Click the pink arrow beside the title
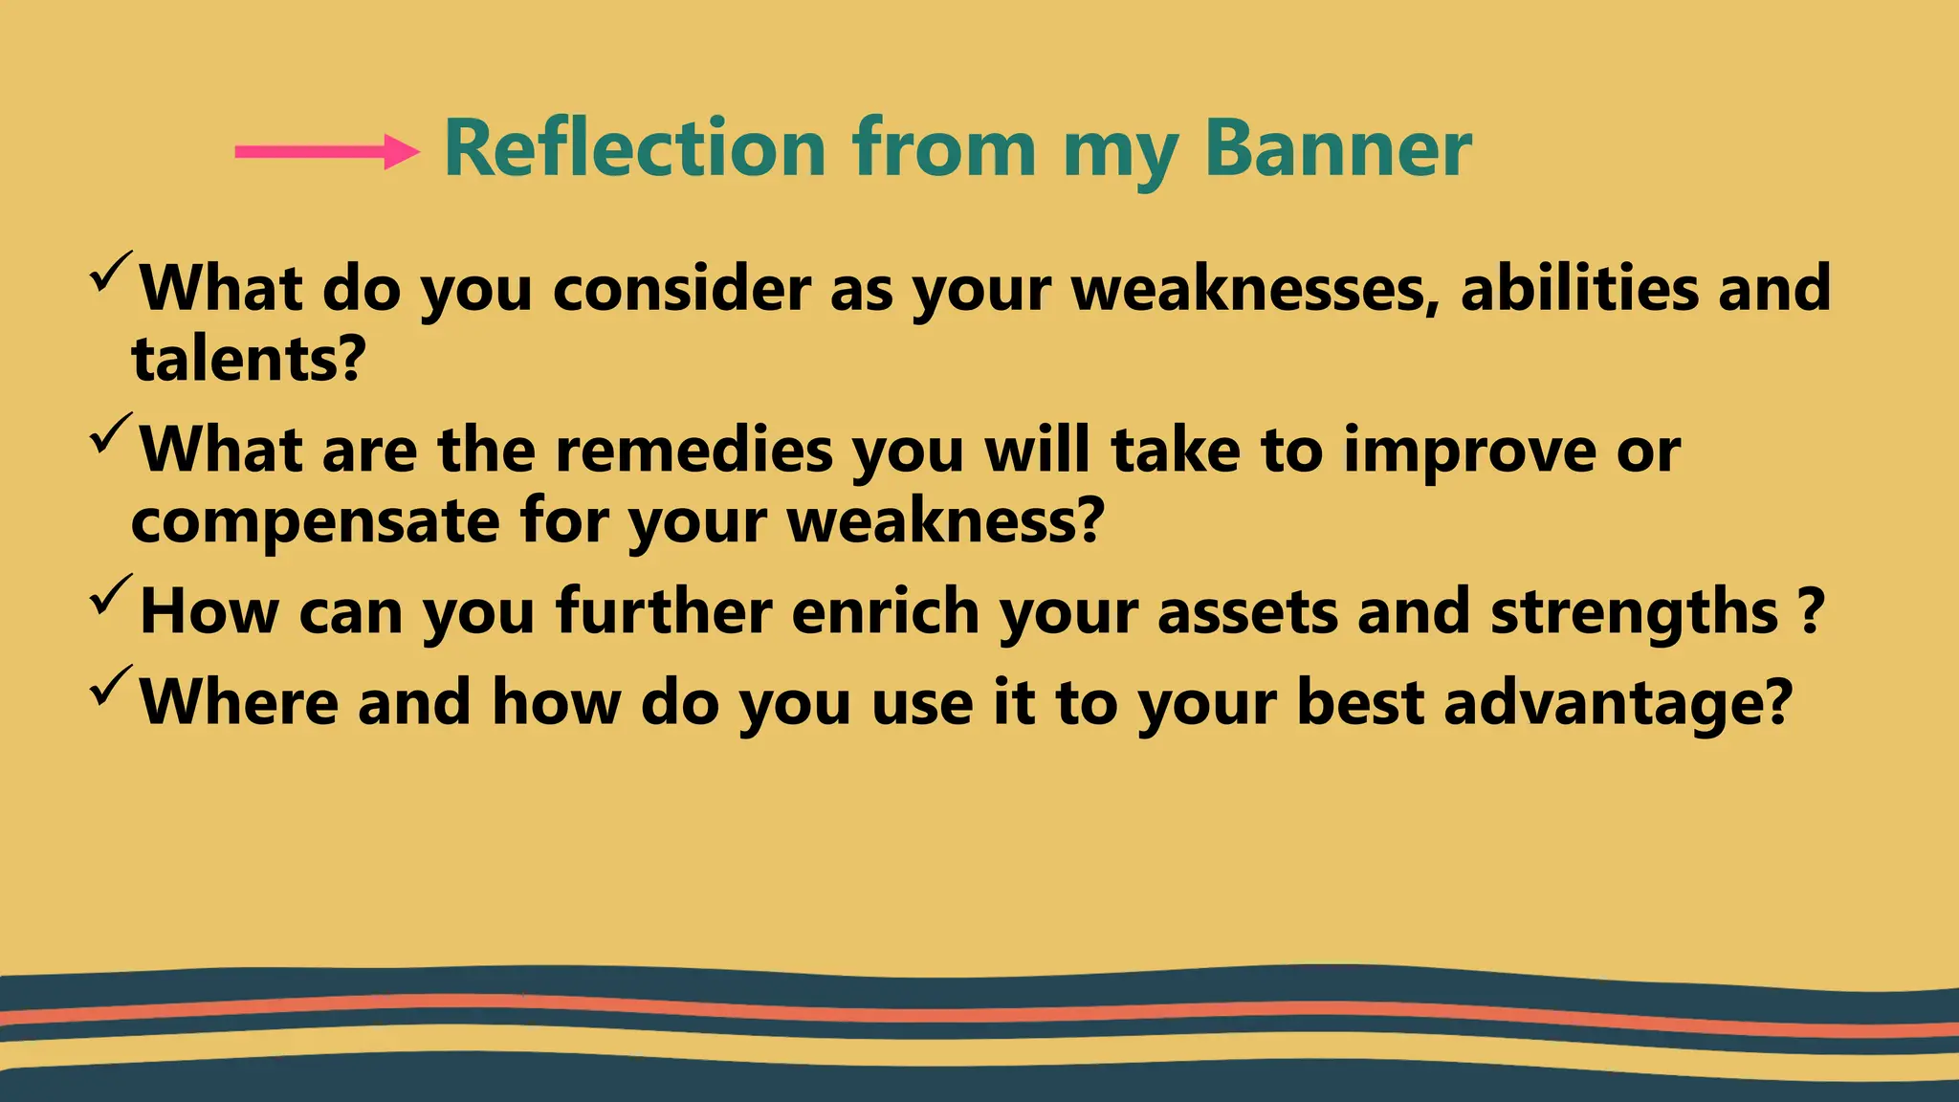pos(326,151)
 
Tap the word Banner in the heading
pos(1337,148)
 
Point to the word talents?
pos(249,359)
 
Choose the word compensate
pos(315,522)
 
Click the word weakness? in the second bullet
pos(945,520)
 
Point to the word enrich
pos(885,611)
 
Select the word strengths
pos(1634,612)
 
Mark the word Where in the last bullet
pos(239,702)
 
